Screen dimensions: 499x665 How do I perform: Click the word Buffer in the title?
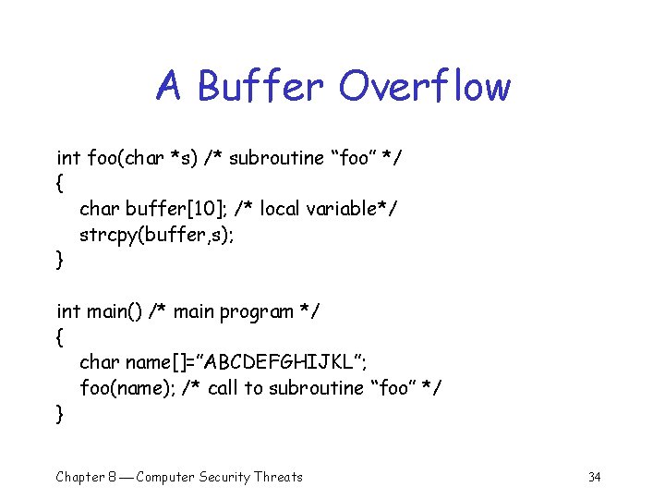(261, 87)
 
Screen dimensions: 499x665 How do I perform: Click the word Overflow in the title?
(424, 87)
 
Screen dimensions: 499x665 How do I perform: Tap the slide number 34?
(594, 477)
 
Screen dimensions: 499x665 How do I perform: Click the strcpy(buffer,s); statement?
(157, 235)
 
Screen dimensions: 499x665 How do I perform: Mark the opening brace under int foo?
(61, 184)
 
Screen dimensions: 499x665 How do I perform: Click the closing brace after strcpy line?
(61, 261)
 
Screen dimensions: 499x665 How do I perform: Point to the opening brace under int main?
(61, 338)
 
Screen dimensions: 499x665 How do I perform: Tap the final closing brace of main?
(61, 414)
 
